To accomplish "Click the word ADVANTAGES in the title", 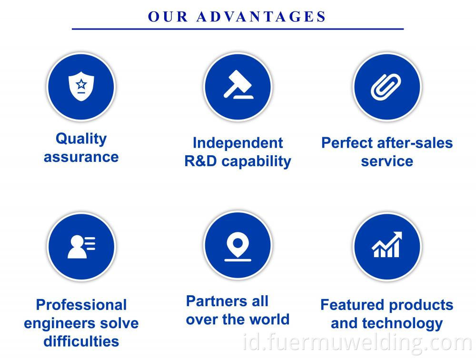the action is pos(261,16).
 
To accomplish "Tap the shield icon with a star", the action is pos(81,86).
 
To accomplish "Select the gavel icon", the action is pos(238,85).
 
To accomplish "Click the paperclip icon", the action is pos(386,87).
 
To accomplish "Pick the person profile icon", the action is pos(81,247).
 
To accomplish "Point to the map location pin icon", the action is pos(238,247).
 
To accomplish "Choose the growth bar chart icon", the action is pos(387,245).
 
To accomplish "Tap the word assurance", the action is pos(81,157).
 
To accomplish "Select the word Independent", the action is pos(238,143).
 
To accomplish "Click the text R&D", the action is pos(200,161).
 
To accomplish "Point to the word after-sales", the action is pos(415,143).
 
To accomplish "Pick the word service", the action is pos(387,161).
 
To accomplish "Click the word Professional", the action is pos(81,305).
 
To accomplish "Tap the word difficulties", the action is pos(81,341).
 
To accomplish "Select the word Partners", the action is pos(217,301).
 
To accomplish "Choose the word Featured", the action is pos(352,305).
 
